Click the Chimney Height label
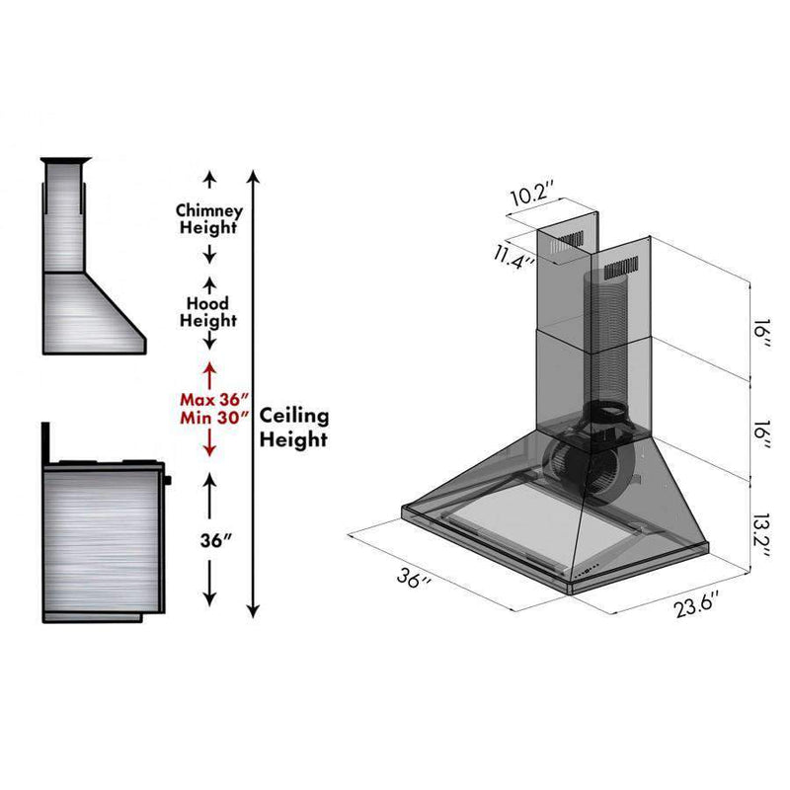[x=209, y=219]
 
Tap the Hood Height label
[x=208, y=312]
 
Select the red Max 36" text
[x=214, y=400]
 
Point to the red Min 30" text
[x=215, y=418]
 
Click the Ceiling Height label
[x=294, y=428]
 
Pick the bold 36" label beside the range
[x=215, y=540]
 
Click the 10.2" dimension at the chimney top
[x=532, y=194]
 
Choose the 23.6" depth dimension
[x=696, y=605]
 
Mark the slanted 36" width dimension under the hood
[x=414, y=578]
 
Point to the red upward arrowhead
[x=209, y=368]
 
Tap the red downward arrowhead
[x=209, y=451]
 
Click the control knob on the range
[x=167, y=480]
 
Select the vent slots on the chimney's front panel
[x=621, y=269]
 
